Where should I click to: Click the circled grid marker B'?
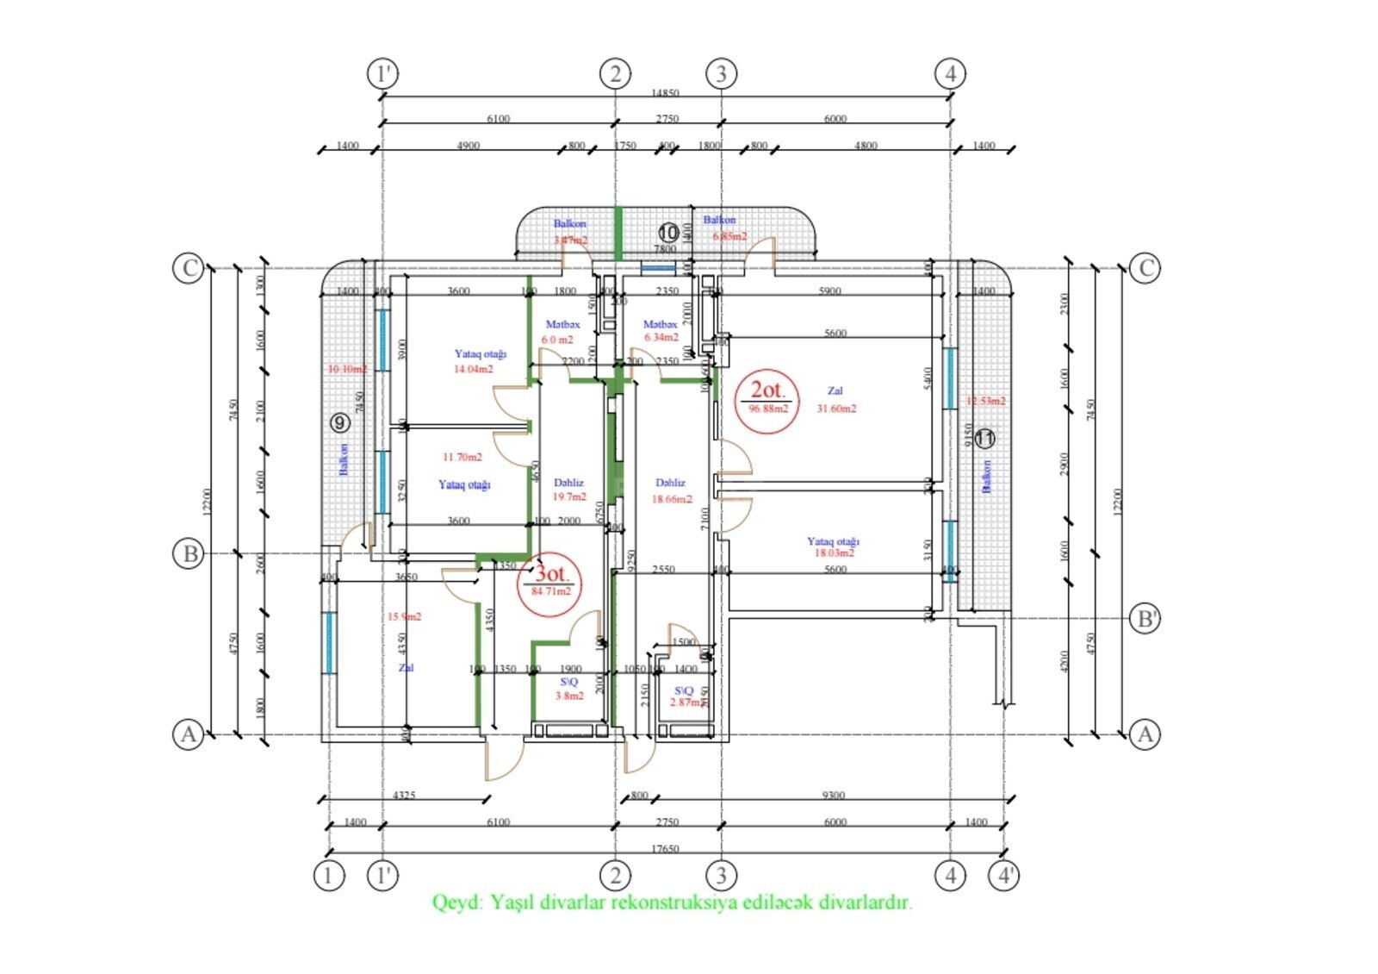1145,618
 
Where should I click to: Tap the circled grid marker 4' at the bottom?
1004,876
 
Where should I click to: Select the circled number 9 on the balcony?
340,422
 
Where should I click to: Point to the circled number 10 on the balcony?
668,233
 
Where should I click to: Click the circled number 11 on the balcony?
984,439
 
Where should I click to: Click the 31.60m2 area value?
836,409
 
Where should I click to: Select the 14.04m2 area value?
473,369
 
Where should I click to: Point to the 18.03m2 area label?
834,553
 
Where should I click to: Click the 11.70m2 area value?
462,457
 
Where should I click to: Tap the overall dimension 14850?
665,93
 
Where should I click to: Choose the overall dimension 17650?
665,849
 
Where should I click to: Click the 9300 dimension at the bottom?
834,796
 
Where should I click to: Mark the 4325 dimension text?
403,796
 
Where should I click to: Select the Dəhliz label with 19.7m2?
568,483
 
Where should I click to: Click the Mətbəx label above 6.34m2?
660,324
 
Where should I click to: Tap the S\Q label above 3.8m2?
569,682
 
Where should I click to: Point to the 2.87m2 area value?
687,702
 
